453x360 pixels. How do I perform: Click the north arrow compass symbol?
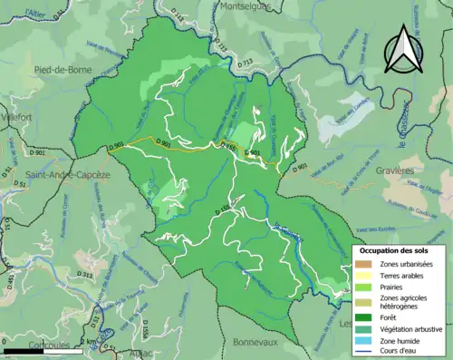[x=401, y=47]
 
